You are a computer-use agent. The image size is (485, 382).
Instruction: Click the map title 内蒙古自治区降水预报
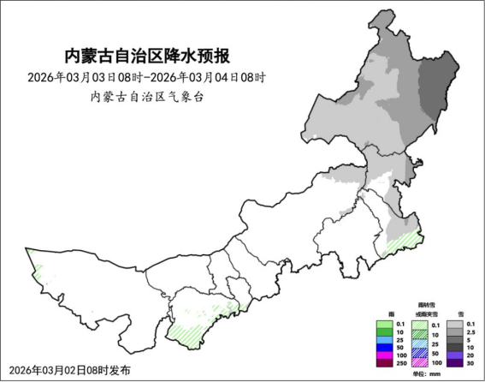[x=148, y=57]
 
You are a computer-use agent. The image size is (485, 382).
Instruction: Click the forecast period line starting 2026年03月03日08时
[x=148, y=77]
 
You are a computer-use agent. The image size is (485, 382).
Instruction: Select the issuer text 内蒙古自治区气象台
[x=147, y=97]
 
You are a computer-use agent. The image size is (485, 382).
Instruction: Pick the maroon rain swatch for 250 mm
[x=384, y=361]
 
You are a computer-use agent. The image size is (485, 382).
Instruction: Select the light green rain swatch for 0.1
[x=384, y=324]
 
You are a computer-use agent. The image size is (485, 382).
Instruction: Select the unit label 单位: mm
[x=425, y=373]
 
